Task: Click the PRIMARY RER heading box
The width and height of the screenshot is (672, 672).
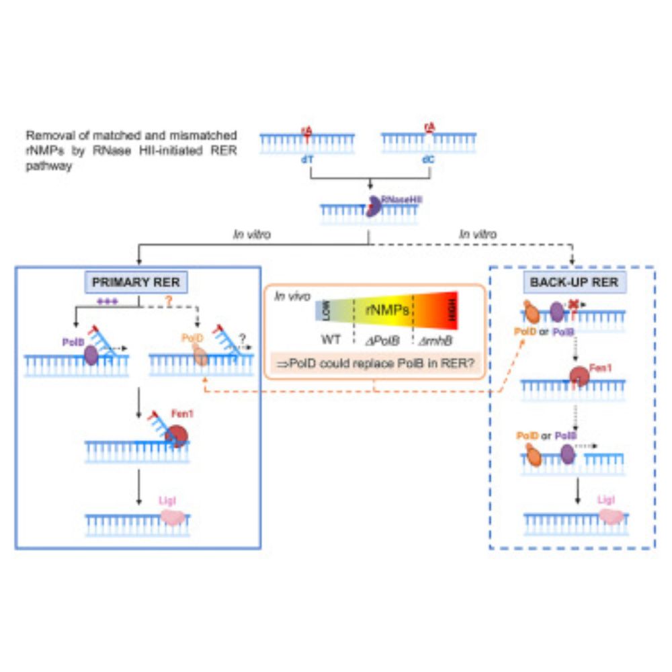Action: pyautogui.click(x=136, y=283)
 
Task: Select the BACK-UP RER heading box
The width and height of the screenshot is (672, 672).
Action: pyautogui.click(x=573, y=283)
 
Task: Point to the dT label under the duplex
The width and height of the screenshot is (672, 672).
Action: pyautogui.click(x=308, y=160)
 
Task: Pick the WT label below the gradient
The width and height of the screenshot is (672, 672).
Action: pyautogui.click(x=331, y=339)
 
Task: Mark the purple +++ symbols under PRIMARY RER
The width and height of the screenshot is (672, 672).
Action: pyautogui.click(x=108, y=302)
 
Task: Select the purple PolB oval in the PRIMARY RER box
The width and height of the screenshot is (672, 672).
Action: pyautogui.click(x=90, y=355)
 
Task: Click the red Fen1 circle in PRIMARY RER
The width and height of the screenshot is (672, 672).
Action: pyautogui.click(x=177, y=435)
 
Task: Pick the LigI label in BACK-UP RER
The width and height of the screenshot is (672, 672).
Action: pyautogui.click(x=605, y=500)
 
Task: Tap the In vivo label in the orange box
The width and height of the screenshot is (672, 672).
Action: pyautogui.click(x=290, y=295)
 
